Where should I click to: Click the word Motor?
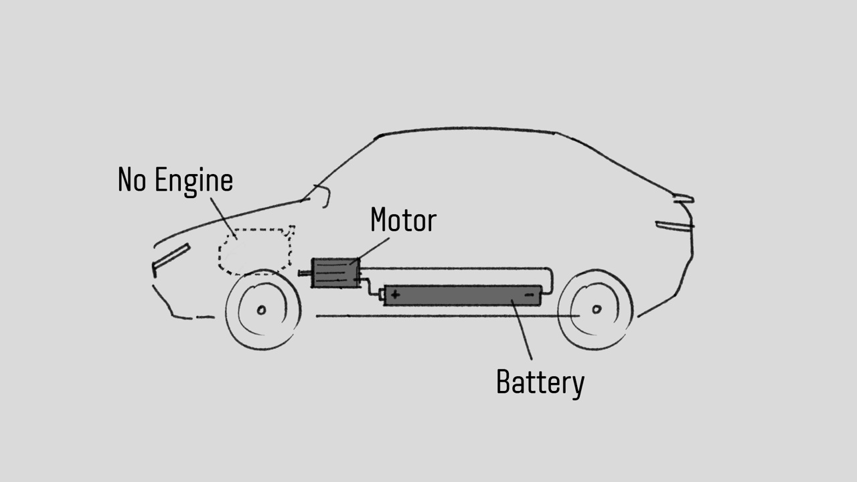coord(403,220)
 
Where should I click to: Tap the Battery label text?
coord(540,382)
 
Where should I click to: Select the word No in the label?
coord(133,180)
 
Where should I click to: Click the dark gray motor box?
coord(335,274)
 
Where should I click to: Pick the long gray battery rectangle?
coord(462,295)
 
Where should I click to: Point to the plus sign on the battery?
coord(396,294)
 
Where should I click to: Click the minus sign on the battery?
coord(530,294)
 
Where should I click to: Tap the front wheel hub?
coord(261,309)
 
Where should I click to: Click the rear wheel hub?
coord(597,309)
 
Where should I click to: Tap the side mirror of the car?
coord(323,195)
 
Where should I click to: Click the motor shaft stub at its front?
coord(305,273)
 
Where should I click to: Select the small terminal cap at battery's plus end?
coord(382,294)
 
